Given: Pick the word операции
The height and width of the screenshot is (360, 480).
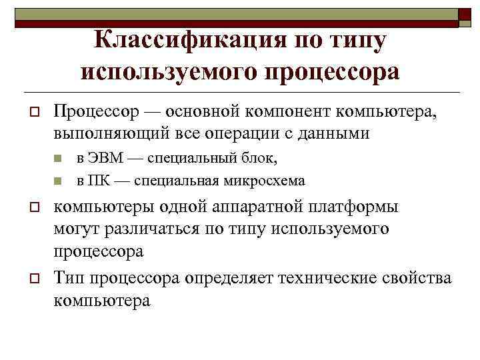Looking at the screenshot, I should [x=239, y=133].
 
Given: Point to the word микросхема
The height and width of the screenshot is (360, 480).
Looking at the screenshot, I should [x=266, y=180].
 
